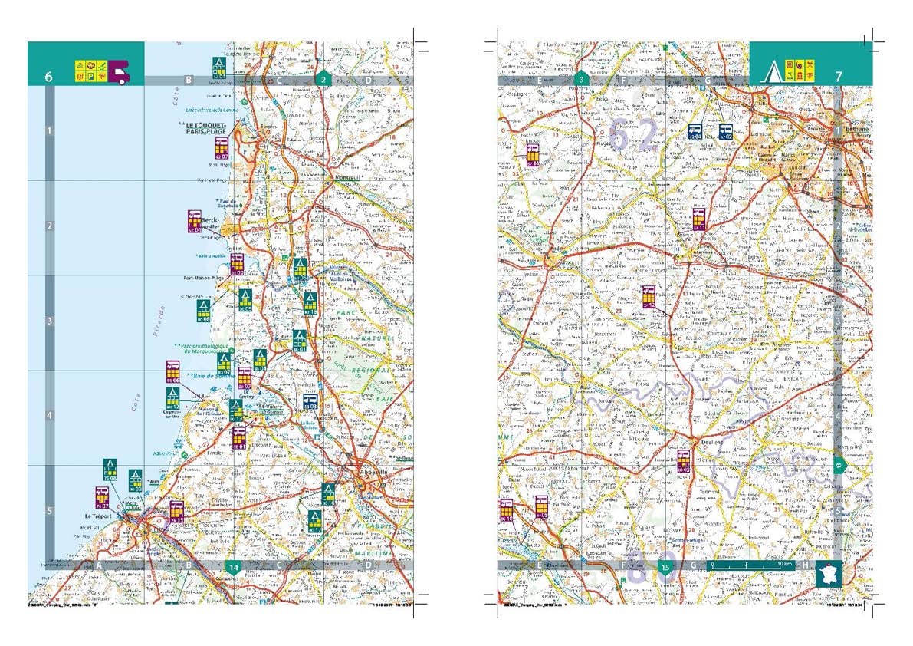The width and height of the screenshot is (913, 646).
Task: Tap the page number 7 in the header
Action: pos(839,77)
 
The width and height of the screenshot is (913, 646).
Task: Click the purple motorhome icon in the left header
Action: pos(120,71)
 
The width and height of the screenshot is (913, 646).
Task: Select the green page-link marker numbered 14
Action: pos(235,567)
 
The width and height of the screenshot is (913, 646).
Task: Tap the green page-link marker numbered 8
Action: pos(839,464)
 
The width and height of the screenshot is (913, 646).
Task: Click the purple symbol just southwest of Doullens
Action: pos(684,460)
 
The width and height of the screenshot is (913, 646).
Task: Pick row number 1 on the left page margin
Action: pos(49,131)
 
